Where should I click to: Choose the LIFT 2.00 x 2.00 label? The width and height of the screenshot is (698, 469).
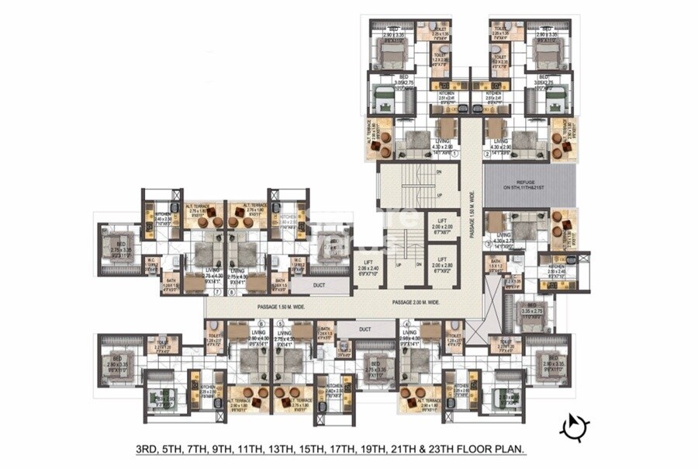pos(444,226)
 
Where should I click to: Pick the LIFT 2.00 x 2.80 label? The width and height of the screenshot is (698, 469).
pos(444,266)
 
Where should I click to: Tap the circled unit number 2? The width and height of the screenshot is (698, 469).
pos(487,154)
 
